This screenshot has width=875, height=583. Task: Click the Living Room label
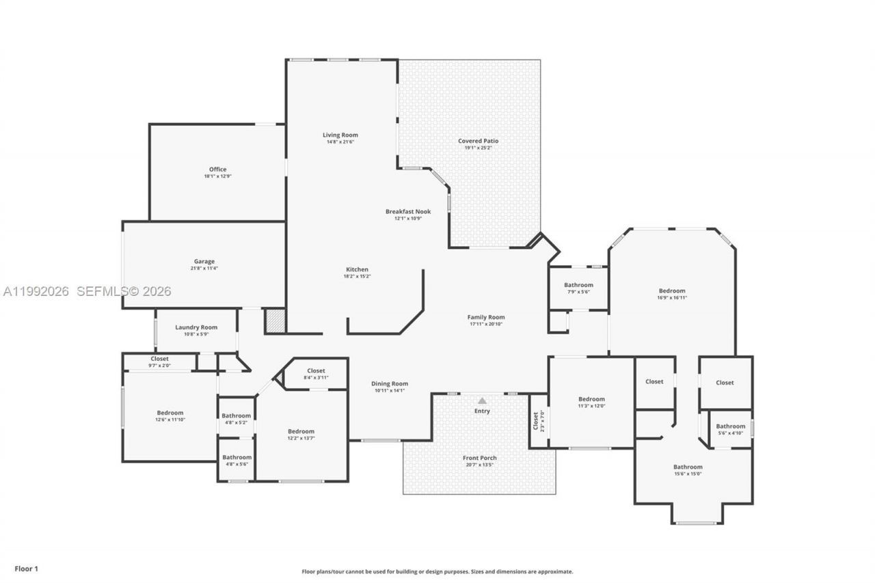(x=340, y=135)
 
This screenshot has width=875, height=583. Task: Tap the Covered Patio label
(x=478, y=141)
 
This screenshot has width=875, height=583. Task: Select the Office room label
(x=217, y=170)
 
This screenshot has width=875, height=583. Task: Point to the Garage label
(x=204, y=261)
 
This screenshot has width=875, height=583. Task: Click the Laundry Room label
(x=196, y=327)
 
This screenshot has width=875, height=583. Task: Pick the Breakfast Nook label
(x=408, y=212)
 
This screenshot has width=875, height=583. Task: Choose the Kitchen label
(x=357, y=269)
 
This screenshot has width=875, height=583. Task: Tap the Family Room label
(x=486, y=317)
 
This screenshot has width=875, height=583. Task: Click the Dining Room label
(x=390, y=384)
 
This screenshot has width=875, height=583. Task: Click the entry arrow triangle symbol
(x=482, y=401)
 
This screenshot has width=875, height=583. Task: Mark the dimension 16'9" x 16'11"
(x=672, y=297)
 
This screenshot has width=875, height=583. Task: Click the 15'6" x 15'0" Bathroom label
(x=687, y=467)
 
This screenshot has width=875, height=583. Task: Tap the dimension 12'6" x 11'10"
(x=170, y=419)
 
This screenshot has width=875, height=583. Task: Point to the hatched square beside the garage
(x=275, y=321)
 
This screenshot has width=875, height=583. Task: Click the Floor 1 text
(x=27, y=569)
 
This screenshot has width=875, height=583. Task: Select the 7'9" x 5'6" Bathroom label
(x=578, y=285)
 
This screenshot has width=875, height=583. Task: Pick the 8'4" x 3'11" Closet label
(x=316, y=370)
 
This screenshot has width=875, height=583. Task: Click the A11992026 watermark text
(x=36, y=291)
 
